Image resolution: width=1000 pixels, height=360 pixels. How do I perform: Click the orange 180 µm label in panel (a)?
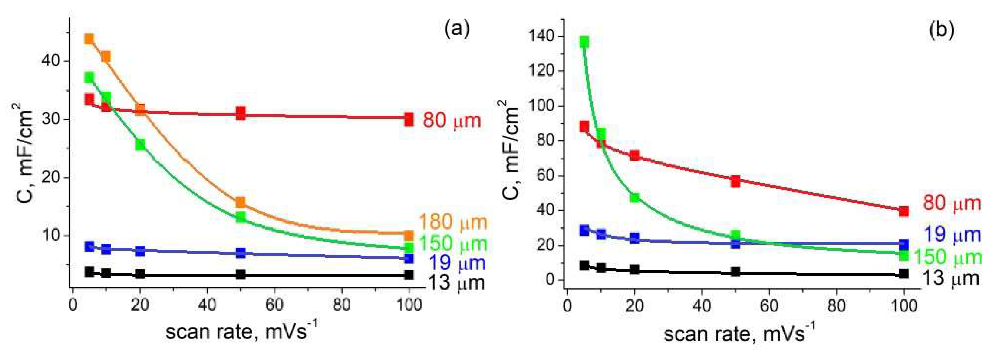(453, 222)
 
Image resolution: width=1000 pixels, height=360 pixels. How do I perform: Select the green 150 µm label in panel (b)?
(947, 257)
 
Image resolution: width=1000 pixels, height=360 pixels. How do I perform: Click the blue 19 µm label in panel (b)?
(952, 235)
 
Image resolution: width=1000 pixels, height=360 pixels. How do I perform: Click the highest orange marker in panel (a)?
(89, 39)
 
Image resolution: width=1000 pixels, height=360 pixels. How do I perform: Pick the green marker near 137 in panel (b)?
(584, 42)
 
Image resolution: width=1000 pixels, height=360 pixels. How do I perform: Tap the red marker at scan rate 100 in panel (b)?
(903, 211)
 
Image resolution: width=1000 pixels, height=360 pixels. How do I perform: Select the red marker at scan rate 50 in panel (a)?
(241, 113)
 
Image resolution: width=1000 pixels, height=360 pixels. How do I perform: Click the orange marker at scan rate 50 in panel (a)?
(241, 202)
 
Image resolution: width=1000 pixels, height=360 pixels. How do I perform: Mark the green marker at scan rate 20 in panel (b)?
(634, 198)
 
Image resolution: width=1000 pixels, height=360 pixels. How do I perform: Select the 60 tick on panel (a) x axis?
(274, 305)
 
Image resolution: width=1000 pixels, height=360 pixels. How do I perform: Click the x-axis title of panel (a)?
(241, 332)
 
